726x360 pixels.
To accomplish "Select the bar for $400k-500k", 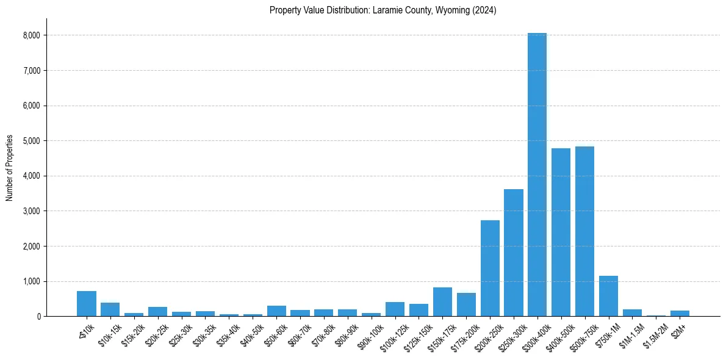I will (x=561, y=232).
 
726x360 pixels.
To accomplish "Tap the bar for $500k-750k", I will (x=584, y=231).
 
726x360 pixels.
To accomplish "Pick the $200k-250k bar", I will (x=490, y=268).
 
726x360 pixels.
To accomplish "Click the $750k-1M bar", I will (x=608, y=296).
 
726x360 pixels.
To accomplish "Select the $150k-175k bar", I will (x=442, y=301).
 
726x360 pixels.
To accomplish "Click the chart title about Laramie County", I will (x=383, y=10).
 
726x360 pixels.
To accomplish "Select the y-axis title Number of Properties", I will (x=10, y=167).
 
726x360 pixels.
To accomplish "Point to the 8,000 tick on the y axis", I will (x=32, y=35).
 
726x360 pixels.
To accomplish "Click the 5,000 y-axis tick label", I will (x=32, y=141).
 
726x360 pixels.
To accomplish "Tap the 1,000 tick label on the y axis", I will (x=32, y=281).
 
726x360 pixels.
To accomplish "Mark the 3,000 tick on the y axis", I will (x=32, y=211).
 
